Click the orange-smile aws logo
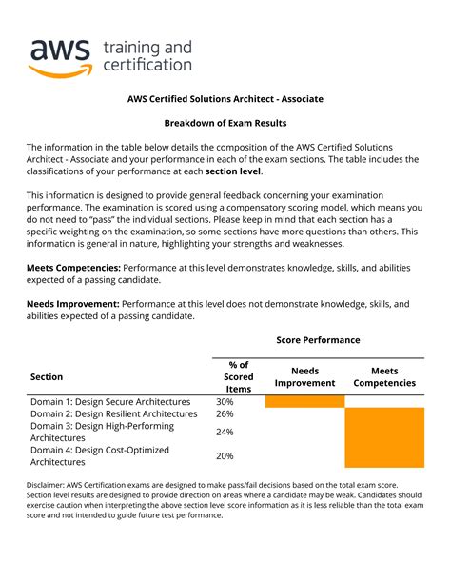(60, 56)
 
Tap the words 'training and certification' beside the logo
(147, 56)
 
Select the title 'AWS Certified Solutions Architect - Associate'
(225, 98)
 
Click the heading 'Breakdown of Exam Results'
(225, 123)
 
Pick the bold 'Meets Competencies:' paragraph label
(73, 269)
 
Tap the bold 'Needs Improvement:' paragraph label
(72, 304)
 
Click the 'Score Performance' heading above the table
(318, 340)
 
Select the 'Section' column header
(48, 376)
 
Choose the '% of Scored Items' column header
(239, 376)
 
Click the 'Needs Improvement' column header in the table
(304, 376)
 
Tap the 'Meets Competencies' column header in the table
(384, 376)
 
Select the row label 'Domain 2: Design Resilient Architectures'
(114, 414)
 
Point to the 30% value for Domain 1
(225, 402)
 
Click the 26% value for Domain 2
(225, 414)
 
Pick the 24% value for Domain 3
(225, 432)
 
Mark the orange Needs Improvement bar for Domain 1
(304, 402)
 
